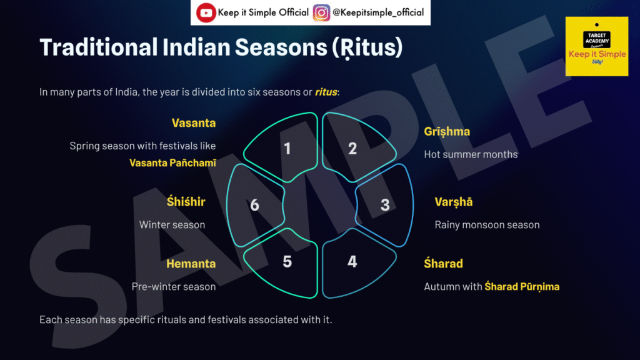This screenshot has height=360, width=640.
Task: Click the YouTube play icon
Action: pyautogui.click(x=206, y=12)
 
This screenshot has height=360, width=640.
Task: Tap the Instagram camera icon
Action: pyautogui.click(x=321, y=12)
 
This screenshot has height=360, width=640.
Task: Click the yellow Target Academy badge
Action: pyautogui.click(x=597, y=46)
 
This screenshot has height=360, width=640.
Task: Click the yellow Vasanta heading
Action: pyautogui.click(x=194, y=123)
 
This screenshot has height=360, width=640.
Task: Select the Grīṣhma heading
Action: pyautogui.click(x=447, y=131)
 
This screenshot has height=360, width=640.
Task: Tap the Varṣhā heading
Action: pyautogui.click(x=454, y=202)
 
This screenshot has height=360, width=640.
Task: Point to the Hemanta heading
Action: pyautogui.click(x=191, y=264)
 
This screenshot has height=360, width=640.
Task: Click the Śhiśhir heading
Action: pyautogui.click(x=186, y=201)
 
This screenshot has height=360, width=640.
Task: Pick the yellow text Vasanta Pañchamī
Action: pyautogui.click(x=172, y=163)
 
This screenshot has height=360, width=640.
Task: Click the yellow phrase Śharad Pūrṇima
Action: pyautogui.click(x=522, y=286)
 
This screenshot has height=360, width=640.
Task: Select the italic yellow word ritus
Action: pyautogui.click(x=326, y=92)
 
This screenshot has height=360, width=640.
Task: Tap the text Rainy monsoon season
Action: pyautogui.click(x=487, y=225)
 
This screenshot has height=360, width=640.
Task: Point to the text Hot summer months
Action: pyautogui.click(x=471, y=154)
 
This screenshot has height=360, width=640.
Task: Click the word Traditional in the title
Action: pyautogui.click(x=98, y=47)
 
